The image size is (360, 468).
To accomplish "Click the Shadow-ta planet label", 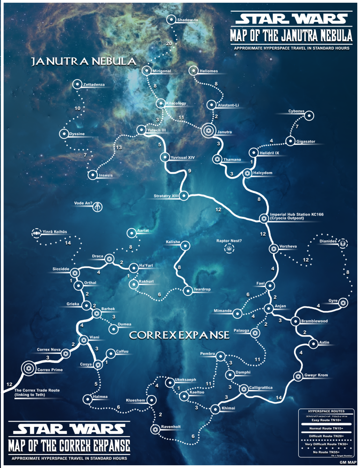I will (188, 20).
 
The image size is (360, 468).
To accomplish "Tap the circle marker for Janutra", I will (209, 132).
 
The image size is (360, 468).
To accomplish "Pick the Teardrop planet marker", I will (188, 290).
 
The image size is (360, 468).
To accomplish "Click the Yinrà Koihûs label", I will (55, 232).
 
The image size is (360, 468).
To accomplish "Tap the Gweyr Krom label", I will (317, 375).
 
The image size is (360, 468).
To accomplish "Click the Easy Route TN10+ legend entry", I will (326, 420).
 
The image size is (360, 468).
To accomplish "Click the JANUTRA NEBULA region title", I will (83, 62).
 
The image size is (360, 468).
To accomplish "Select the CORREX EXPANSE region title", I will (179, 335).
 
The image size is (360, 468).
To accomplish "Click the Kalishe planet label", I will (174, 242).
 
